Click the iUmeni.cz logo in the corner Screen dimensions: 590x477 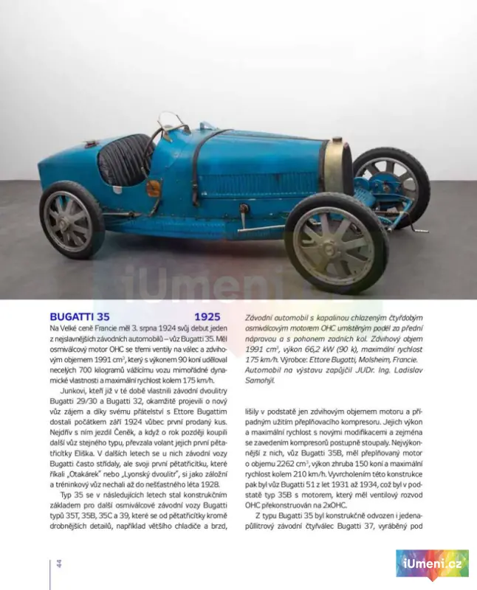[x=432, y=564]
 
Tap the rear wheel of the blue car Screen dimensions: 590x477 [x=72, y=221]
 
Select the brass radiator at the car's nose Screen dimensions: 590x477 [x=338, y=168]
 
